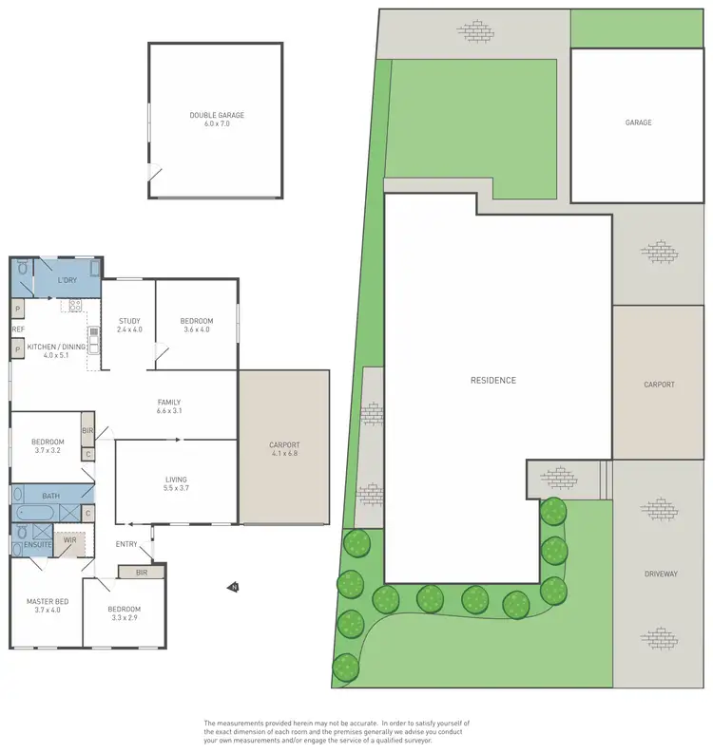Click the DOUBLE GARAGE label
tap(217, 115)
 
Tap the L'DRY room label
tap(67, 280)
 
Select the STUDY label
tap(129, 321)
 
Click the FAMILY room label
tap(168, 402)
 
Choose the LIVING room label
tap(175, 480)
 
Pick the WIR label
tap(69, 539)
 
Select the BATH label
tap(49, 496)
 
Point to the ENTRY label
tap(126, 544)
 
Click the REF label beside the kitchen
tap(17, 329)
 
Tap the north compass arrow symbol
tap(232, 588)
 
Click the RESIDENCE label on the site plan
tap(493, 381)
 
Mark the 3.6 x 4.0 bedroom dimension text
tap(197, 329)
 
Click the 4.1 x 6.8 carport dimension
tap(284, 453)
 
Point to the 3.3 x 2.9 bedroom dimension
tap(124, 617)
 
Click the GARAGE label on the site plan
tap(638, 122)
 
